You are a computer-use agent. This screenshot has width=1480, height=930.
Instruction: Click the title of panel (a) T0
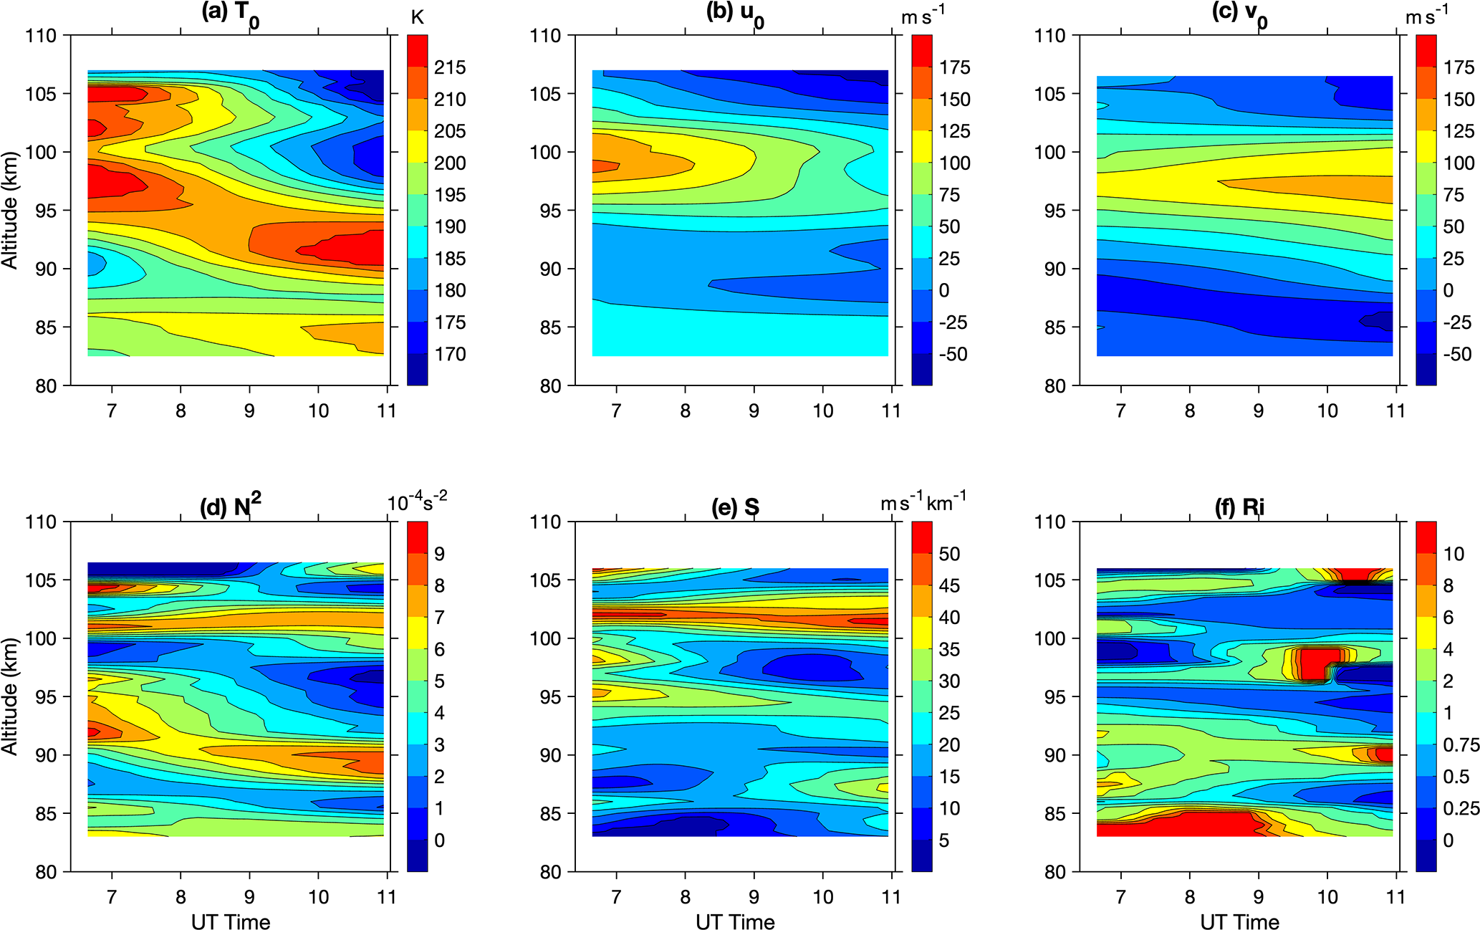click(230, 14)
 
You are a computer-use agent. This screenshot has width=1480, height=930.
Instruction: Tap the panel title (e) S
click(735, 507)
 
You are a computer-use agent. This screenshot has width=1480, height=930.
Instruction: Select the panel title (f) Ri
click(1239, 507)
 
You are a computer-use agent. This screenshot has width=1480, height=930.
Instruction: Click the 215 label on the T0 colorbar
click(450, 67)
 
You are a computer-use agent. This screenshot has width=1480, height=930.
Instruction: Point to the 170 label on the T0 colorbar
click(450, 354)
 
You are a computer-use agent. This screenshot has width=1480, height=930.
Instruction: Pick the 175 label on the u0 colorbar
click(955, 67)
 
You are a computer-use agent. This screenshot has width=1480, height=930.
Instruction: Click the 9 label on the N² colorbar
click(440, 554)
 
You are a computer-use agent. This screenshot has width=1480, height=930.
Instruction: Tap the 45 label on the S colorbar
click(949, 585)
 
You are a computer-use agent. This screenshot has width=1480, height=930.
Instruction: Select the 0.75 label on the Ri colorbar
click(1461, 745)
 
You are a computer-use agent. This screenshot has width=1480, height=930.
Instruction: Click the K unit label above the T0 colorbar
click(418, 17)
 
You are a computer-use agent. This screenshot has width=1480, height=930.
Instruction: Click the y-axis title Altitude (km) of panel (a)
click(10, 211)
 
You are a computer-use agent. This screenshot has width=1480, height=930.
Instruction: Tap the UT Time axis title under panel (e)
click(735, 921)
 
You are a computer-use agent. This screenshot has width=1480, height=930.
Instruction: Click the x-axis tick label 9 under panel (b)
click(754, 411)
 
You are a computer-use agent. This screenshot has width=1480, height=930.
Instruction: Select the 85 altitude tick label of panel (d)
click(44, 813)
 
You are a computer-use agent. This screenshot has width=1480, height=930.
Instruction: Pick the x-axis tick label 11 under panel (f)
click(1395, 896)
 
